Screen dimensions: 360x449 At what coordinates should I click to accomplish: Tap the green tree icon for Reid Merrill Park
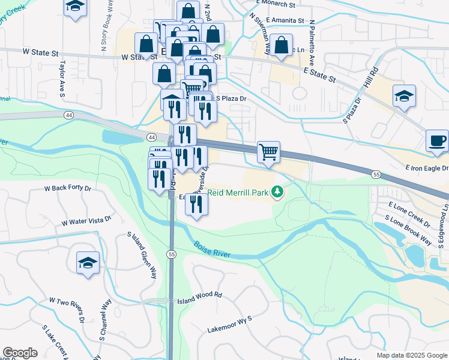point(277,192)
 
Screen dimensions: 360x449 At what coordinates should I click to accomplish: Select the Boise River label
point(212,250)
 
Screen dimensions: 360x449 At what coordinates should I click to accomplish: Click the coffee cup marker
point(436,141)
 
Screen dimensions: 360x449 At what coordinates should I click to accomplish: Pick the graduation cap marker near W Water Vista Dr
point(88,263)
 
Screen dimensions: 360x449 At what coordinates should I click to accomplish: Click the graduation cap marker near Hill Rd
point(404,96)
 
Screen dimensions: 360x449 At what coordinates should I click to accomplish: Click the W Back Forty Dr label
point(67,188)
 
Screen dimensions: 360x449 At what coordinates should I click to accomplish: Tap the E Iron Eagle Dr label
point(427,169)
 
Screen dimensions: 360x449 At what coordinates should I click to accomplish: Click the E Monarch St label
point(276,4)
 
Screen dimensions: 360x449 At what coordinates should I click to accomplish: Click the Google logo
point(20,353)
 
